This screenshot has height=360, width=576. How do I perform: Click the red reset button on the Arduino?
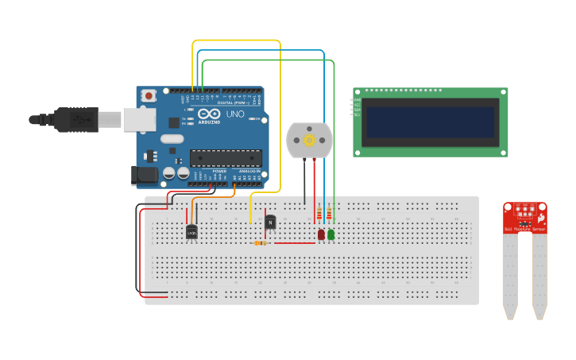tap(148, 95)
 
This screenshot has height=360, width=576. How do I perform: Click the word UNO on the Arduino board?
tap(235, 114)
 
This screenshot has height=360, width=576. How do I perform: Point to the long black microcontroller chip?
tap(226, 158)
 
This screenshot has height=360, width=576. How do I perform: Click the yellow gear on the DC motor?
tap(309, 139)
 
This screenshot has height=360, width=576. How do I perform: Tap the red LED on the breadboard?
tap(321, 234)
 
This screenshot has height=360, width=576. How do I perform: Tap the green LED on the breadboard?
tap(331, 234)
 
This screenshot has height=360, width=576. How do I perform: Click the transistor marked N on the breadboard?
tap(270, 223)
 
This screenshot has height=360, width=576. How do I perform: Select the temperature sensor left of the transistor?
tap(191, 231)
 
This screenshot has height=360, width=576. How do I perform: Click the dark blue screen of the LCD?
tap(430, 122)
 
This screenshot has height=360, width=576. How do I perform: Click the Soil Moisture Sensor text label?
tap(524, 229)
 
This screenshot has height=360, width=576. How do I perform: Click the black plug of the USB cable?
tap(76, 119)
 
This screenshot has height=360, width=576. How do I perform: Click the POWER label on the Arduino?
tap(220, 172)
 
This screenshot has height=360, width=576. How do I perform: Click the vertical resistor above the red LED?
tap(319, 214)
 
